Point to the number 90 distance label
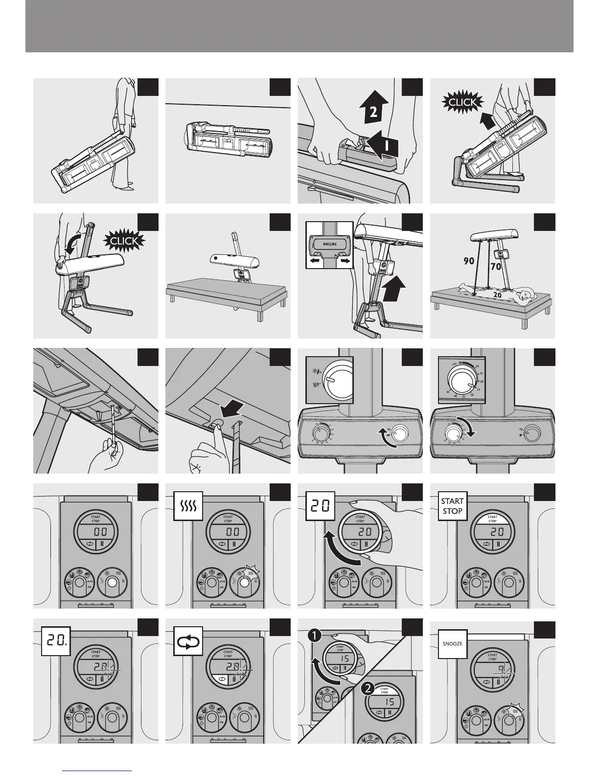469,261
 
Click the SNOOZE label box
452,644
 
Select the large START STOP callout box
452,506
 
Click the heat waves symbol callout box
188,506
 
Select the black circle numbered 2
367,689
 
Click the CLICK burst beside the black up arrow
462,102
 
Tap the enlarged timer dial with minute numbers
462,380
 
